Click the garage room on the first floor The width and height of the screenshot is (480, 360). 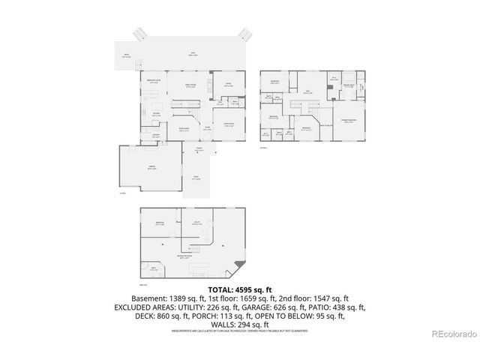click(152, 168)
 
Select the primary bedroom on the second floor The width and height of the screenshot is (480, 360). click(349, 122)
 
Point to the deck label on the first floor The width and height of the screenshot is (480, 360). click(193, 53)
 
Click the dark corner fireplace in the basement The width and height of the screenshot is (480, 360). click(239, 264)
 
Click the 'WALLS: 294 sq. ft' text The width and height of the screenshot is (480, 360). click(239, 325)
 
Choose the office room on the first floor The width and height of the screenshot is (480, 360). click(228, 85)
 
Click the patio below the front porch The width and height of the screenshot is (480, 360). click(196, 178)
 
